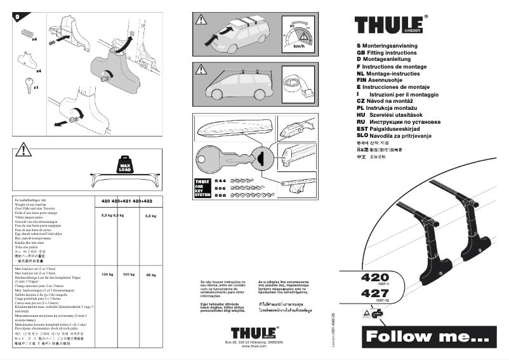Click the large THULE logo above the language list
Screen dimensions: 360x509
(x=390, y=25)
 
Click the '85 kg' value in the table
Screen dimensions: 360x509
(x=151, y=275)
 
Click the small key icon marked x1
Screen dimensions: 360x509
(x=27, y=83)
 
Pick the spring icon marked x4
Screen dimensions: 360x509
(x=27, y=31)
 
